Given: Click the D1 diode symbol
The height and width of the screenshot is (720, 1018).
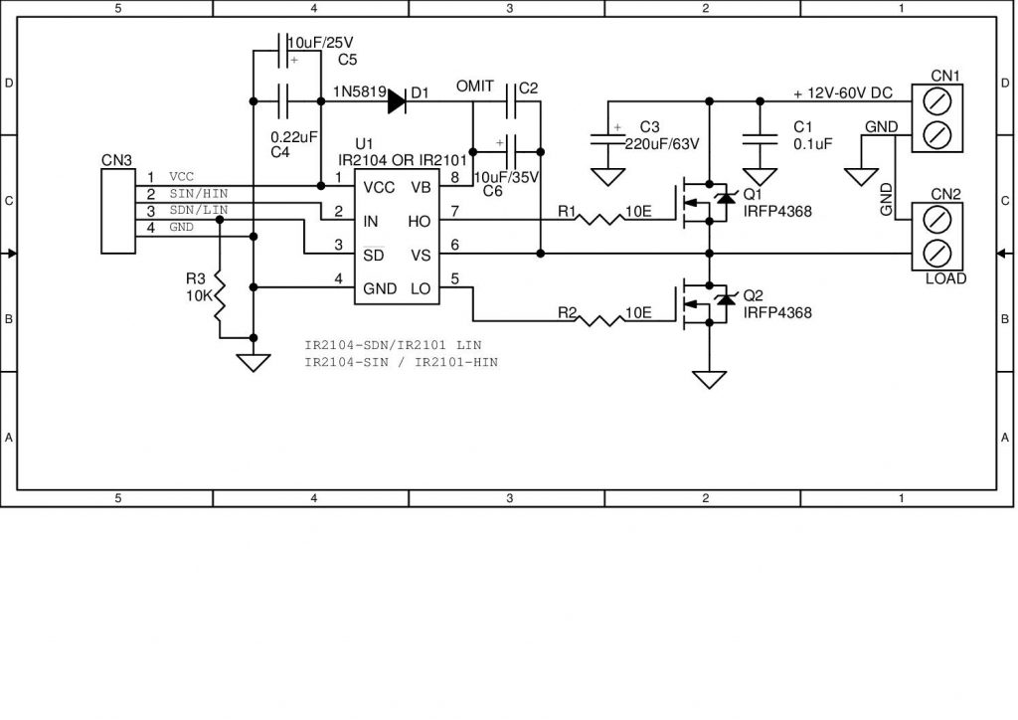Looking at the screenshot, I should (x=397, y=100).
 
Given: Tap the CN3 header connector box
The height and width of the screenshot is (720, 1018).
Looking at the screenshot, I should (x=119, y=212).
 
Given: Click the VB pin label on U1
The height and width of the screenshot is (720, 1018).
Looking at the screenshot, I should (x=422, y=187).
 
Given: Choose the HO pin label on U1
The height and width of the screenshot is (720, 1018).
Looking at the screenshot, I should (x=422, y=221).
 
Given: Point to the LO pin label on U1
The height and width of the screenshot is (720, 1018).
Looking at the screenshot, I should (x=422, y=289).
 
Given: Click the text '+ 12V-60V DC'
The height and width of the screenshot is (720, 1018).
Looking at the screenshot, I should (x=843, y=93).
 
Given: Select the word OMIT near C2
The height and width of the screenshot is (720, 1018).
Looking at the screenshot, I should (x=474, y=87).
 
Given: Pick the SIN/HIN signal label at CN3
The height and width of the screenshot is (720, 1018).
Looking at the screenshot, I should (x=199, y=193).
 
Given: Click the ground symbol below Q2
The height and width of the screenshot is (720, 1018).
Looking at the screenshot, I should (x=709, y=380).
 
